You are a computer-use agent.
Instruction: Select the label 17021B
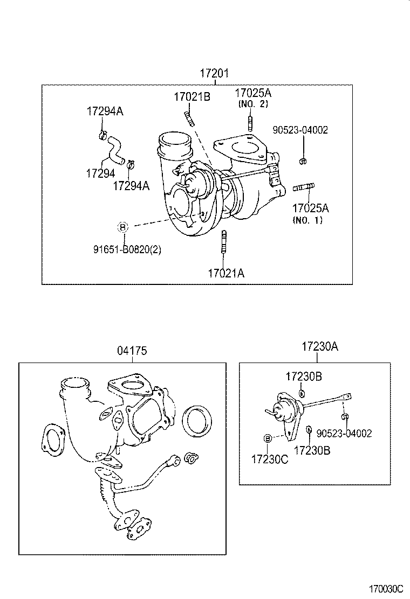[x=192, y=97]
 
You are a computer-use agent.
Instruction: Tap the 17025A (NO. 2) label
[x=253, y=97]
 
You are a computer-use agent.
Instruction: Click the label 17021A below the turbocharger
[x=226, y=273]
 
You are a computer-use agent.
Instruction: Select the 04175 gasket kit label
[x=132, y=351]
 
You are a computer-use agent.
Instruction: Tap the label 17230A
[x=320, y=347]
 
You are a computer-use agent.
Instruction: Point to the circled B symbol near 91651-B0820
[x=123, y=227]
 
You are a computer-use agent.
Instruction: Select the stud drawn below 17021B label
[x=189, y=117]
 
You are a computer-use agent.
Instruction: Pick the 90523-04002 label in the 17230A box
[x=344, y=433]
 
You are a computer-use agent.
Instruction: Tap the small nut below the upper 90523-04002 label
[x=303, y=161]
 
